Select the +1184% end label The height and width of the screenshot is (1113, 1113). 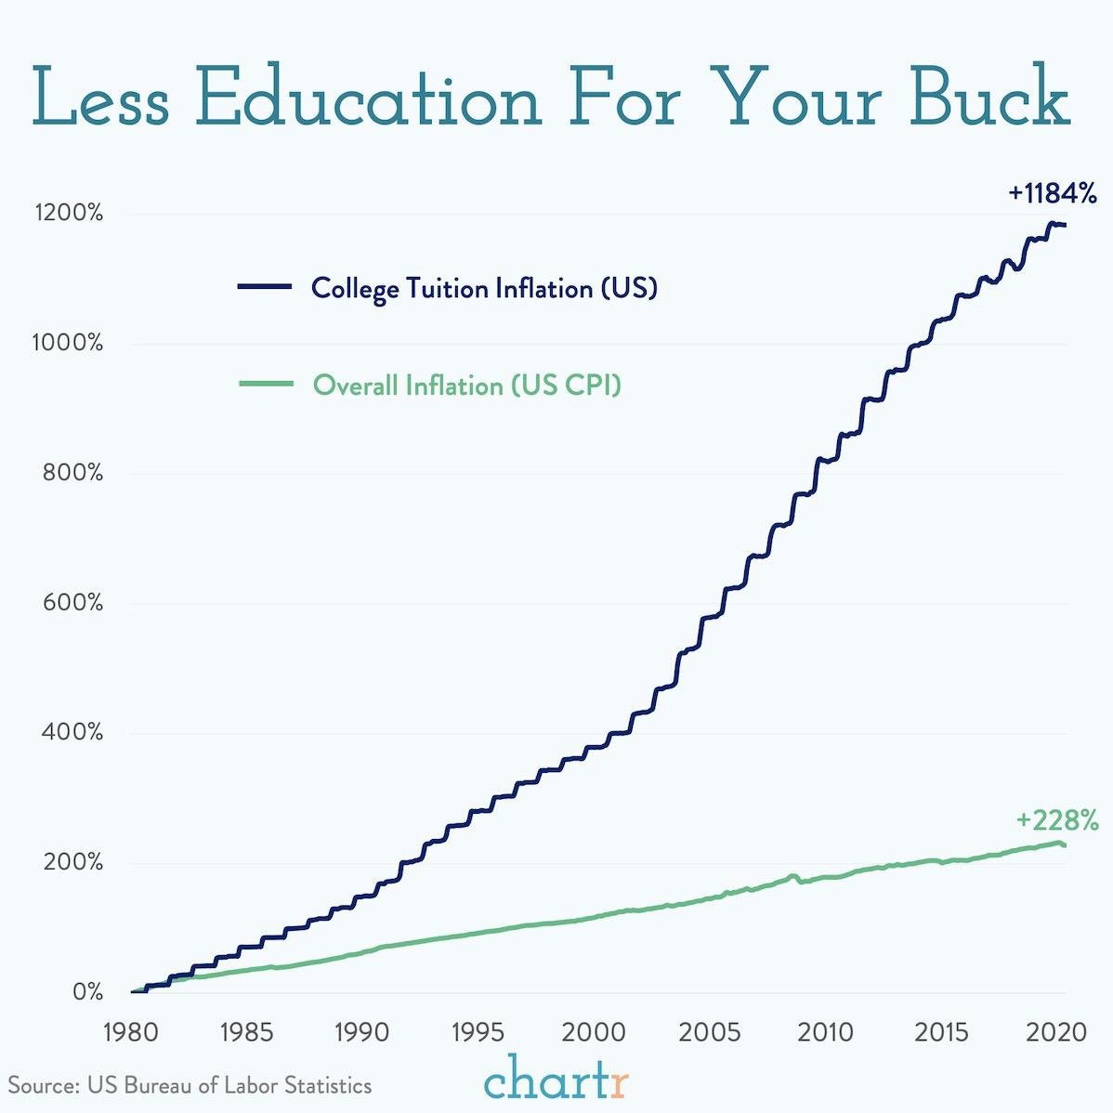pyautogui.click(x=1053, y=194)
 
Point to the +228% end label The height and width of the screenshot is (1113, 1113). pyautogui.click(x=1057, y=821)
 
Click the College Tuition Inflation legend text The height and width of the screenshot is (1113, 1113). pyautogui.click(x=484, y=288)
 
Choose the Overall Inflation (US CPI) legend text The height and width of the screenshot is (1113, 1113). pyautogui.click(x=466, y=385)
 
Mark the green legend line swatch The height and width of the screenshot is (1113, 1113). pyautogui.click(x=265, y=384)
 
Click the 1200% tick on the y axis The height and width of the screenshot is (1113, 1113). pyautogui.click(x=69, y=214)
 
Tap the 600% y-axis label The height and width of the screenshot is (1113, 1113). pyautogui.click(x=72, y=603)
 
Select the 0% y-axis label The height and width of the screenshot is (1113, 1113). pyautogui.click(x=87, y=992)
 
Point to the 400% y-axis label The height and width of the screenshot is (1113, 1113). pyautogui.click(x=72, y=733)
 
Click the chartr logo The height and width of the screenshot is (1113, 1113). pyautogui.click(x=556, y=1082)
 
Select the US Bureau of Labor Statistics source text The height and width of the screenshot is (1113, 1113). pyautogui.click(x=190, y=1085)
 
